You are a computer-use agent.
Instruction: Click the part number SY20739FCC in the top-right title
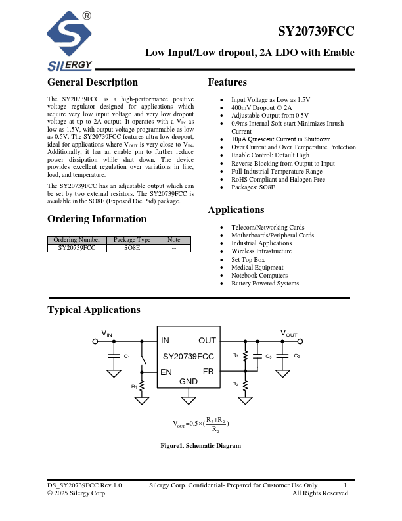pos(316,31)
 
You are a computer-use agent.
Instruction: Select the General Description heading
pos(93,82)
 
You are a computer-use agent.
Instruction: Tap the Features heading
pos(227,82)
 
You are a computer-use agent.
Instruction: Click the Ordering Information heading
pos(97,219)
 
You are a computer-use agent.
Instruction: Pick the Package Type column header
pos(132,240)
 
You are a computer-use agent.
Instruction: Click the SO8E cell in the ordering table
pos(132,248)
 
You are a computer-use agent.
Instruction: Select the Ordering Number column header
pos(77,240)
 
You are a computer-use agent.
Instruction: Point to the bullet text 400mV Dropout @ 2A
pos(261,107)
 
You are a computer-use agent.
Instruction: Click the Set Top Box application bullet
pos(248,259)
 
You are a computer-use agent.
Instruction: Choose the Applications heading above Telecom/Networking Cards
pos(236,211)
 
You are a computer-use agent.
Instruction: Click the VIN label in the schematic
pos(106,334)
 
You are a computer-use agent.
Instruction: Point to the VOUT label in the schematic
pos(289,334)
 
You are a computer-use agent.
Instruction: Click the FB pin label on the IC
pos(208,372)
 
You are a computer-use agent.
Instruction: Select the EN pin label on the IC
pos(166,372)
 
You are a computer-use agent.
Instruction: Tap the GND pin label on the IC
pos(189,382)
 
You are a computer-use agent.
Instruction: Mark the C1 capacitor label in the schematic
pos(127,356)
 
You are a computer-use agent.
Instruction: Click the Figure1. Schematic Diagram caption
pos(201,446)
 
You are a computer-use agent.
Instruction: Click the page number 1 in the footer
pos(346,485)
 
